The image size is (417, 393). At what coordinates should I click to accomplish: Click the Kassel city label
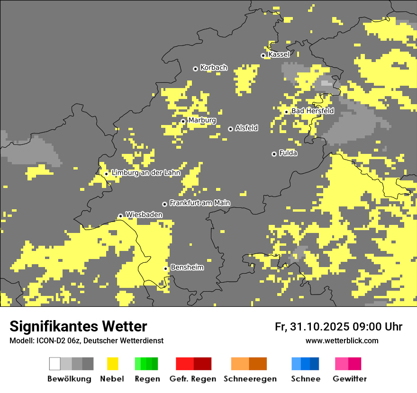[279, 54]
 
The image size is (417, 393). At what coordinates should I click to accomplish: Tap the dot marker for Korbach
[195, 69]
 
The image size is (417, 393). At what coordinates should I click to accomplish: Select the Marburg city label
[202, 120]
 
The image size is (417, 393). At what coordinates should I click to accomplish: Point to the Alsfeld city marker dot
[230, 129]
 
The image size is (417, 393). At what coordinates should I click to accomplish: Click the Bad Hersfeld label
[312, 111]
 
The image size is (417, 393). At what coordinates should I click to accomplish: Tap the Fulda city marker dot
[274, 154]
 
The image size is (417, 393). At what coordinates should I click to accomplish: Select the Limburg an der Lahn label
[145, 173]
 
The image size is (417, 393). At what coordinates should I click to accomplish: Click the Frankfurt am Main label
[199, 203]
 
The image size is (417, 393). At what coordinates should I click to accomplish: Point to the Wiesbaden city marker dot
[120, 216]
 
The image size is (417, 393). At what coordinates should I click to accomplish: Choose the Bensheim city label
[187, 268]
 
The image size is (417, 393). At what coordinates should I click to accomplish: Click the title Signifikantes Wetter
[78, 327]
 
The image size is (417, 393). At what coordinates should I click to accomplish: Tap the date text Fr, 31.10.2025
[312, 327]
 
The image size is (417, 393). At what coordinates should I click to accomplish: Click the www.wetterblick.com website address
[342, 341]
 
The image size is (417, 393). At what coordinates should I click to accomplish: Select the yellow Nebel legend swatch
[112, 364]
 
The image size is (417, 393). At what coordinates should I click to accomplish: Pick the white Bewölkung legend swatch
[55, 364]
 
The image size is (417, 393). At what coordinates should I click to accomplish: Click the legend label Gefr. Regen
[193, 379]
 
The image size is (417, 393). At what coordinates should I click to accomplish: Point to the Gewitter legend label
[350, 379]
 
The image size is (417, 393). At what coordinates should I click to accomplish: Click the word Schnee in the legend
[305, 379]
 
